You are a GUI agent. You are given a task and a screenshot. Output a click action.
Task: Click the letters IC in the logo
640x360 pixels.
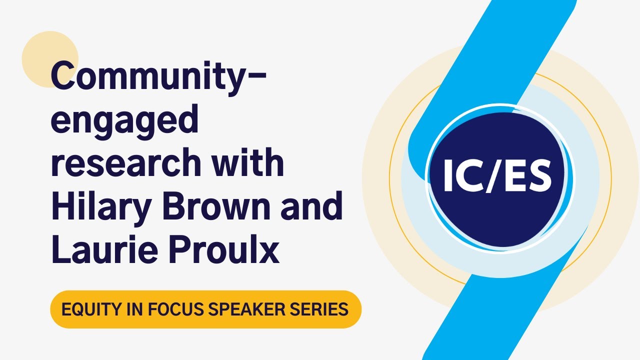[x=460, y=176]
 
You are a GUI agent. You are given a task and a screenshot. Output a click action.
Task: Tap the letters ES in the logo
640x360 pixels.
[x=532, y=176]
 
